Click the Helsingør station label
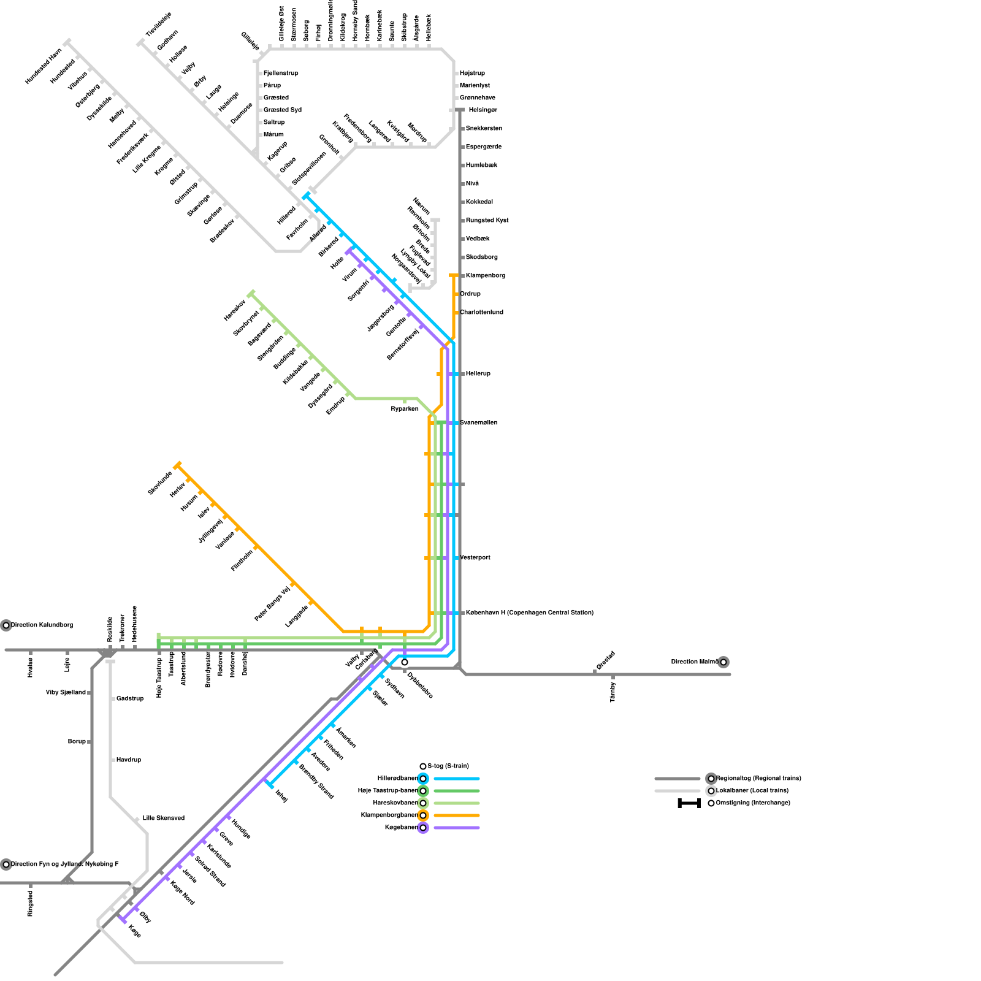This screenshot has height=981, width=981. click(483, 110)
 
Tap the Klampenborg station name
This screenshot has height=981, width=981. click(485, 276)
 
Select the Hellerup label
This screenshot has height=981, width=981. click(478, 374)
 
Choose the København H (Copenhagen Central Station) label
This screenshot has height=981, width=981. click(529, 613)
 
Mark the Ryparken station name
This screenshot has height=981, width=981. click(405, 409)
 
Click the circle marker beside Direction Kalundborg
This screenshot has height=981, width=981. click(6, 625)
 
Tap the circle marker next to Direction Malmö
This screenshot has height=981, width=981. click(723, 662)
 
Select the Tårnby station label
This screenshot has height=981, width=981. click(613, 692)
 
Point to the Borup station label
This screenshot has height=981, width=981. click(77, 742)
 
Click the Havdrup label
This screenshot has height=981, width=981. click(129, 760)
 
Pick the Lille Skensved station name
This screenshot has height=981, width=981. click(163, 819)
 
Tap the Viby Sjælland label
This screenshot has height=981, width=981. click(66, 693)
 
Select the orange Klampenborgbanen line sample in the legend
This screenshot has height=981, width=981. click(456, 815)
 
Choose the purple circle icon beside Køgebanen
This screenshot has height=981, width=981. click(423, 828)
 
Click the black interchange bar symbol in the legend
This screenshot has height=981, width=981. click(689, 803)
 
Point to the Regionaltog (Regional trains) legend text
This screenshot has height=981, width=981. click(758, 779)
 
